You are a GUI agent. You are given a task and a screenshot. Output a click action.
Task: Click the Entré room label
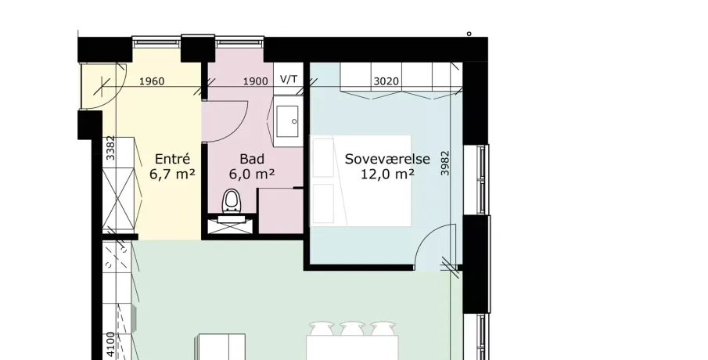[172, 159]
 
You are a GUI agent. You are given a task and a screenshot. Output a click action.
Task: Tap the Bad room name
[252, 159]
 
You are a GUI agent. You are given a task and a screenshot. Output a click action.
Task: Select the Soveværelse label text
[387, 159]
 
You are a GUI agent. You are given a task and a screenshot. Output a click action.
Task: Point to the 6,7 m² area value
[172, 174]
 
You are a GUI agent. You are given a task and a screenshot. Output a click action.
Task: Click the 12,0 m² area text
[387, 174]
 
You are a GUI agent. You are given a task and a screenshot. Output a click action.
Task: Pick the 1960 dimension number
[152, 81]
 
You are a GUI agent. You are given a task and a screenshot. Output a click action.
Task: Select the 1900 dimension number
[256, 81]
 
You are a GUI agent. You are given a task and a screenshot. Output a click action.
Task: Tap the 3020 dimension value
[386, 81]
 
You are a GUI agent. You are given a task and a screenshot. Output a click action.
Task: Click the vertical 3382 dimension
[110, 148]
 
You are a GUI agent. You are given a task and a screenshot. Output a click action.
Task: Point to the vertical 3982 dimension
[445, 163]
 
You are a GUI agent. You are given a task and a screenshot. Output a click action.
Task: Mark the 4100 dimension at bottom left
[111, 346]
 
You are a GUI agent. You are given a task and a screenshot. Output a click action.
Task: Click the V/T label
[289, 80]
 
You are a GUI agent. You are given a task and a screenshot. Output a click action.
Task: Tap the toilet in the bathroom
[232, 202]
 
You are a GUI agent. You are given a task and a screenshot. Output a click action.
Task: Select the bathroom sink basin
[288, 121]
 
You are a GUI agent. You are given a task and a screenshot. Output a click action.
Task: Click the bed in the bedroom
[361, 181]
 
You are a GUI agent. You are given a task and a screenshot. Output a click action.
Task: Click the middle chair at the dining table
[352, 329]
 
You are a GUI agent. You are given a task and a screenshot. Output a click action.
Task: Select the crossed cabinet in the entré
[118, 199]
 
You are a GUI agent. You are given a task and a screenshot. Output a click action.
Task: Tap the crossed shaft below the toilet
[231, 226]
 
